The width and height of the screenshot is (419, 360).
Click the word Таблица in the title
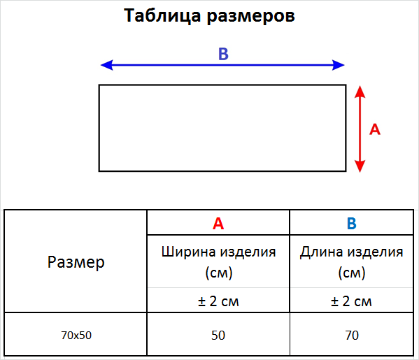[x=162, y=15]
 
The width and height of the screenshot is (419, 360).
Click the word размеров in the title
[x=251, y=17]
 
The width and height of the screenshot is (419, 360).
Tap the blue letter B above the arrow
[x=223, y=54]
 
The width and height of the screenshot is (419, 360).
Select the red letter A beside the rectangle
[x=375, y=129]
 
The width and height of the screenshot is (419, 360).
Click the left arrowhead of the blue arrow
[x=106, y=65]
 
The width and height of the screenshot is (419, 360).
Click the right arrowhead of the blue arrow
[x=339, y=65]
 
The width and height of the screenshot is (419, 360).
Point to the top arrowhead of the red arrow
[x=360, y=92]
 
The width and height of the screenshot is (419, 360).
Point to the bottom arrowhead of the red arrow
[x=360, y=166]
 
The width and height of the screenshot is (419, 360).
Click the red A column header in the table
[x=218, y=223]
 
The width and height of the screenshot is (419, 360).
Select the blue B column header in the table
[x=352, y=223]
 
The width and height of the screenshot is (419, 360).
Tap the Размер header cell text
[x=76, y=262]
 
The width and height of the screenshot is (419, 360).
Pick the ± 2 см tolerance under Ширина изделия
[x=218, y=301]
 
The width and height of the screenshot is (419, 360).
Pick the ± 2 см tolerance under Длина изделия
[x=351, y=301]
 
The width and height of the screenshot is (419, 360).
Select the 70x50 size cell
[x=76, y=335]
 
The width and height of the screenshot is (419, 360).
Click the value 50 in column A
[x=218, y=335]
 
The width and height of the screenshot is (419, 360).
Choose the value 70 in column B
[x=352, y=335]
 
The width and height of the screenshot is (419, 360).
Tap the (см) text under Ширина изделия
[x=219, y=273]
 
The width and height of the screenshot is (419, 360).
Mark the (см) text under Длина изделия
[x=352, y=273]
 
